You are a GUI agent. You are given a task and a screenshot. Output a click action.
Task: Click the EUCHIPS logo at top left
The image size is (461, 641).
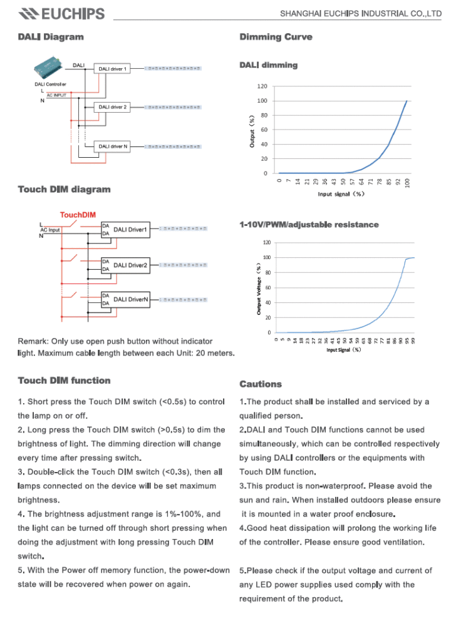(x=61, y=13)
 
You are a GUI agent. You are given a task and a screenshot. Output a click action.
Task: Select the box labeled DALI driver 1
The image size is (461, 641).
(x=112, y=69)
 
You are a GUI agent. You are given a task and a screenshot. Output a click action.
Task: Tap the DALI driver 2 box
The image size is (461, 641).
(x=112, y=108)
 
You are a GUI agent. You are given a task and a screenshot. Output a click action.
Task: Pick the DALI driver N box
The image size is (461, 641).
(x=112, y=146)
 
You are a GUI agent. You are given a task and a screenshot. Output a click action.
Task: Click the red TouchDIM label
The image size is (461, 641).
(x=78, y=215)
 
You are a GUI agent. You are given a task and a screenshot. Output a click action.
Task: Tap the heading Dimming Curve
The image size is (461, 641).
(x=276, y=37)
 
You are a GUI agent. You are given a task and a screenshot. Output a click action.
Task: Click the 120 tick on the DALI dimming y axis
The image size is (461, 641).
(x=262, y=86)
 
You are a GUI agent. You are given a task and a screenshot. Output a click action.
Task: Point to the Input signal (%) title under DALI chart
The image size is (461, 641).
(x=341, y=194)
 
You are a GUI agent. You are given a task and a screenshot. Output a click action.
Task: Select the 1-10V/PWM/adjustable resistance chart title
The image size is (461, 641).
(x=309, y=225)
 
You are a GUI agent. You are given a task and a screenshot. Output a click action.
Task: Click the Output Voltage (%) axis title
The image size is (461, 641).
(x=258, y=288)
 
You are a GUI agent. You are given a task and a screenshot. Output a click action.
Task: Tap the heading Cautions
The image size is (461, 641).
(x=261, y=384)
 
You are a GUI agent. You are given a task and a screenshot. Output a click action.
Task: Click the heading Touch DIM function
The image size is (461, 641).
(x=64, y=381)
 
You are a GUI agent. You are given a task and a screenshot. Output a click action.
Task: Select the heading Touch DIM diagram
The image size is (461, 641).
(x=64, y=190)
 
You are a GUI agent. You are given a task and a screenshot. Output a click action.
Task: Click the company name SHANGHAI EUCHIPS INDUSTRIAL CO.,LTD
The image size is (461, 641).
(x=360, y=13)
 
